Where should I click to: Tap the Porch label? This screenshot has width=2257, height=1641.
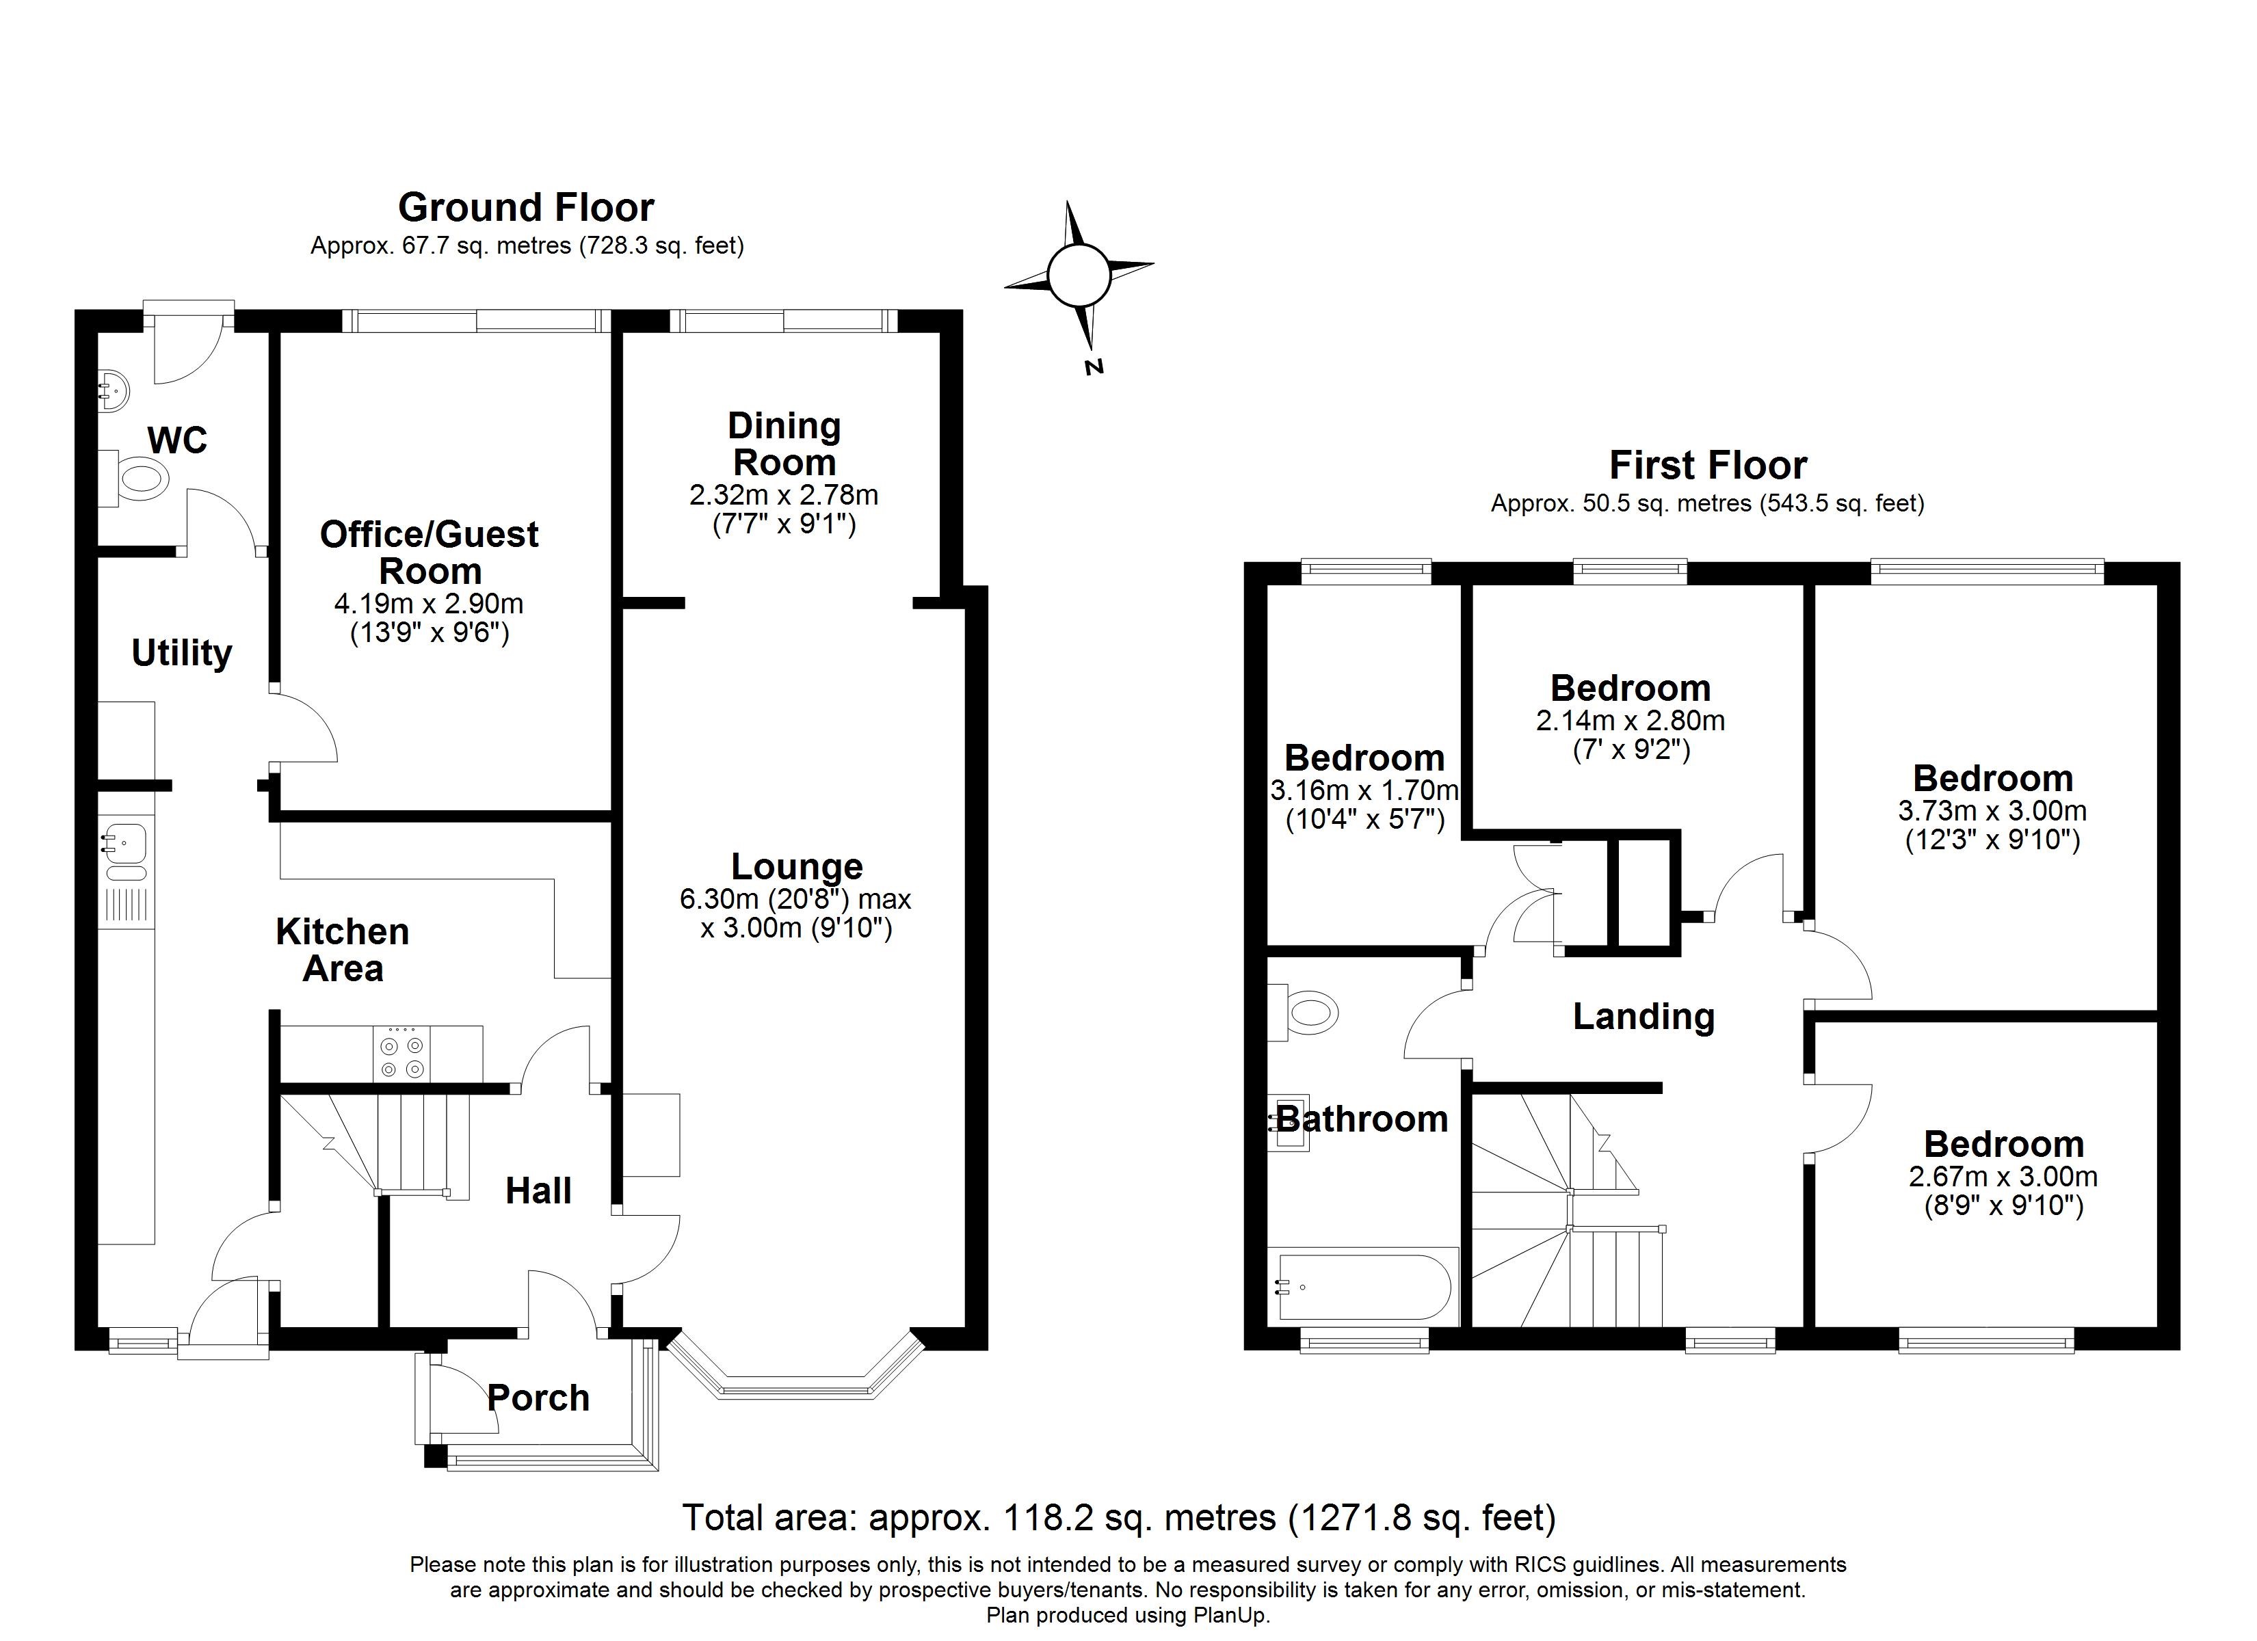[x=538, y=1398]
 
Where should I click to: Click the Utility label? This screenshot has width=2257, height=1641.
[x=182, y=653]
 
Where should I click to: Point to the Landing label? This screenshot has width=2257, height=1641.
[x=1644, y=1016]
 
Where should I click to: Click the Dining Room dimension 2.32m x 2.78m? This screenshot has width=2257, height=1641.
[x=784, y=494]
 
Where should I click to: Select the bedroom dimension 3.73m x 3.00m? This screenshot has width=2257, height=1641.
[x=1992, y=810]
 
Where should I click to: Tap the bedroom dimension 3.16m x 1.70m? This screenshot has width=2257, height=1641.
[x=1364, y=790]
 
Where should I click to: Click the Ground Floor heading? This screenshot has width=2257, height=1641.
[x=527, y=207]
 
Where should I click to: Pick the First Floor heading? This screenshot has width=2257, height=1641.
[x=1708, y=465]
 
